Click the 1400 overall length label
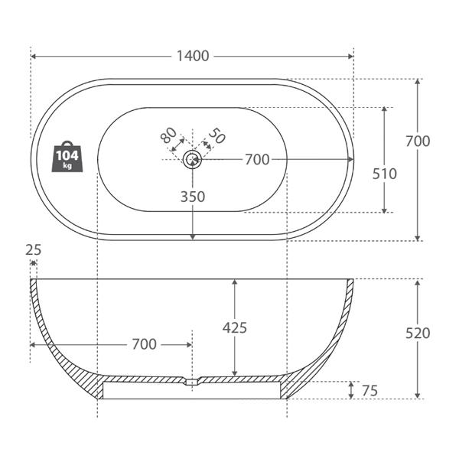point(193,56)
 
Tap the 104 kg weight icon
point(67,157)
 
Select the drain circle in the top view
point(192,159)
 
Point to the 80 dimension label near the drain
point(168,135)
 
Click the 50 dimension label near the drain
point(217,135)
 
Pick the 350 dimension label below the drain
point(193,197)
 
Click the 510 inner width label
point(384,174)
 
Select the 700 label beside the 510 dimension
point(418,141)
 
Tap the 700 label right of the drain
point(257,160)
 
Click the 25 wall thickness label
point(34,250)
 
